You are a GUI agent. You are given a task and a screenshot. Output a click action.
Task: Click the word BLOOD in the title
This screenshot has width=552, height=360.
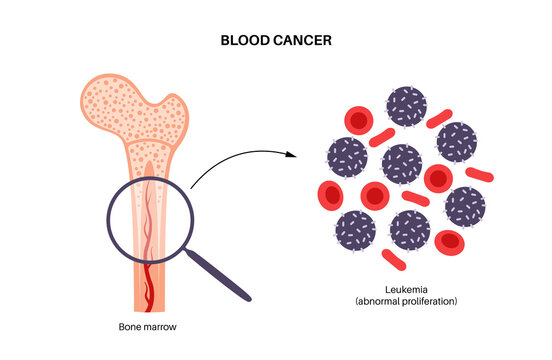click(x=244, y=43)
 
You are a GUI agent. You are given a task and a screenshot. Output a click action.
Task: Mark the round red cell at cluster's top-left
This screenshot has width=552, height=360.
click(x=356, y=122)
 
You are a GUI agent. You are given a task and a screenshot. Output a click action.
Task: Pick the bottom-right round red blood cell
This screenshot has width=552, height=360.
click(x=451, y=240)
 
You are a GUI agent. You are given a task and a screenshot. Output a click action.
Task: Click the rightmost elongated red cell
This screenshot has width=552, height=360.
click(x=480, y=175)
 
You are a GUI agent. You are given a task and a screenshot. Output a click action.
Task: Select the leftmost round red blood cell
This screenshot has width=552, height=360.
click(x=331, y=194)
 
